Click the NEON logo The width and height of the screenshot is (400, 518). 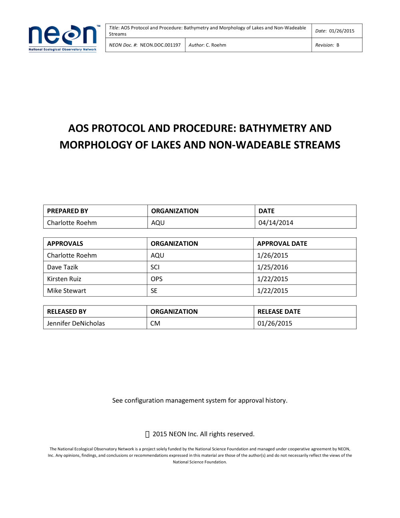pos(63,38)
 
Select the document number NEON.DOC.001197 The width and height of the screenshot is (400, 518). pos(160,45)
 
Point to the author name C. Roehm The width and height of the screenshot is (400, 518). pos(216,45)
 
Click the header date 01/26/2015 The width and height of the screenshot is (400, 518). pos(342,31)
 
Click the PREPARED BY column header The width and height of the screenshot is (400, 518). pos(68,211)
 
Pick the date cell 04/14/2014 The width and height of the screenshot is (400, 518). pos(276,223)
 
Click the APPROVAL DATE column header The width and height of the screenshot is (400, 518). pos(282,243)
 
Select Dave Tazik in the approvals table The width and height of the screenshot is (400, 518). pos(62,267)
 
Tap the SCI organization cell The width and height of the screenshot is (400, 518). pos(155,267)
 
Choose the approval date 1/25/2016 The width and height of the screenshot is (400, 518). pos(272,267)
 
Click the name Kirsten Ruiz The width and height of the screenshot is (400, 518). pos(64,279)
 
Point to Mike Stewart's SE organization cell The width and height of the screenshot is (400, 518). pos(154,291)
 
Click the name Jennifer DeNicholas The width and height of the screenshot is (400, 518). pos(76,323)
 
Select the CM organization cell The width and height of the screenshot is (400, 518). pos(155,323)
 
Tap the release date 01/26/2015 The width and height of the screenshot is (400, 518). pos(275,323)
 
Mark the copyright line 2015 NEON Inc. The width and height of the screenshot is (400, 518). pos(203,434)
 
